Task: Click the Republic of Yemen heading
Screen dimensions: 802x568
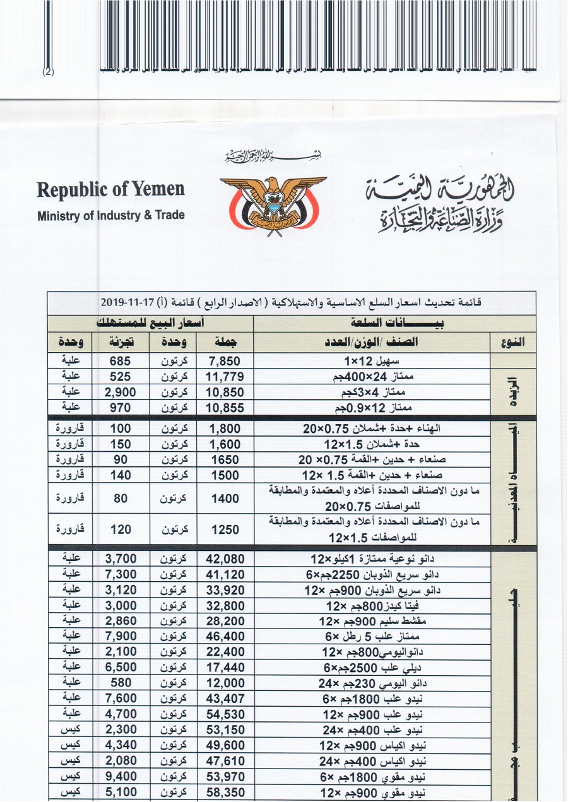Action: [x=110, y=189]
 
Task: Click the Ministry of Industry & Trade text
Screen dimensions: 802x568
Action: [x=111, y=215]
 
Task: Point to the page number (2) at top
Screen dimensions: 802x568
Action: [x=49, y=71]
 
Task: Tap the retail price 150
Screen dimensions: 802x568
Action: [x=120, y=444]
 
